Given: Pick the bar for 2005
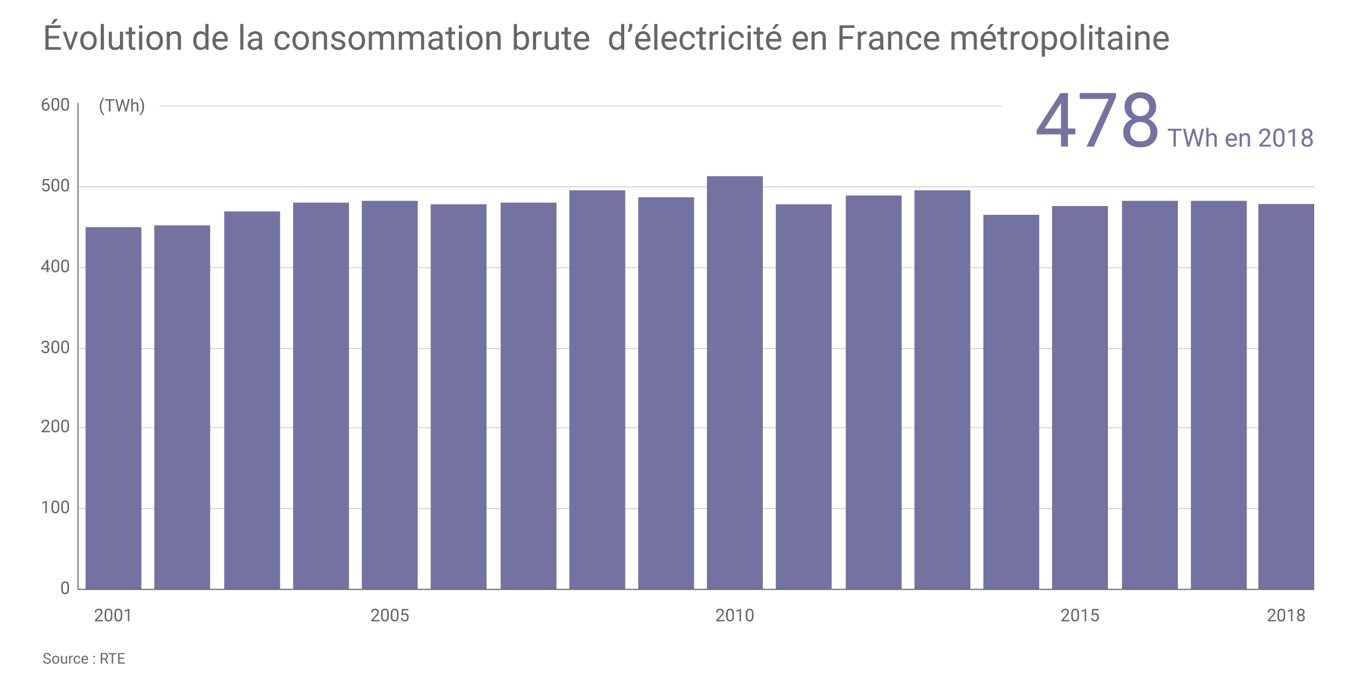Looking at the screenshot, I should pos(389,395).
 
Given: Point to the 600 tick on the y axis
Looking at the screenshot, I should pos(55,105).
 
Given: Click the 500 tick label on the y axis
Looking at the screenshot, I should pos(55,186).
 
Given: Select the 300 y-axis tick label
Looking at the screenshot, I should pos(55,347).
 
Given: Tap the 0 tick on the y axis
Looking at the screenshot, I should pos(65,589).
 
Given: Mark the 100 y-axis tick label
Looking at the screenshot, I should pos(55,508).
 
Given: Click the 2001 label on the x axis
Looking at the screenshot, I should pos(113,616).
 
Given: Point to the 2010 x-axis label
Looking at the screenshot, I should pos(734,616).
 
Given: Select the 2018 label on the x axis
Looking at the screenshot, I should pos(1286,616).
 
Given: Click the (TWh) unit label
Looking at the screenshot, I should pos(122,106).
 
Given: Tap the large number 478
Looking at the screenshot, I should pos(1097,121).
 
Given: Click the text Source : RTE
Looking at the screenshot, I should pos(84,659).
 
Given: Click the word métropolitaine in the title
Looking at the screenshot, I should pos(1059,38).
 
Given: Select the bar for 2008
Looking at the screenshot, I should pos(597,390).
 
